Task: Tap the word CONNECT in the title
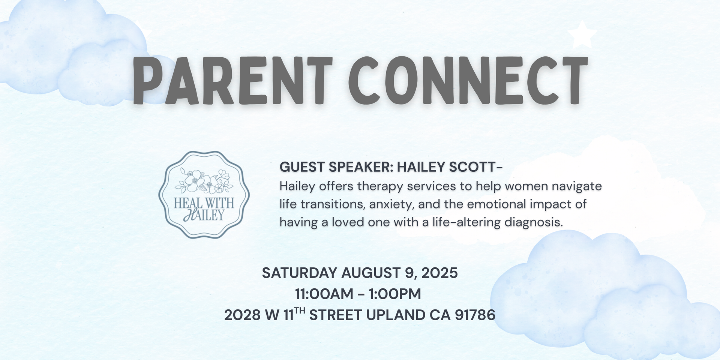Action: pyautogui.click(x=468, y=80)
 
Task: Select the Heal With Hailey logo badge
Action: pyautogui.click(x=204, y=195)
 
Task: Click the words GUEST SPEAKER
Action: pyautogui.click(x=336, y=167)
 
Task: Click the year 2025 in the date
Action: pyautogui.click(x=439, y=273)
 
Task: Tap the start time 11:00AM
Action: pyautogui.click(x=324, y=294)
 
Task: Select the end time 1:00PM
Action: pyautogui.click(x=395, y=294)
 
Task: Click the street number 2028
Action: pyautogui.click(x=242, y=315)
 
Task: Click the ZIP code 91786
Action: pyautogui.click(x=475, y=315)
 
